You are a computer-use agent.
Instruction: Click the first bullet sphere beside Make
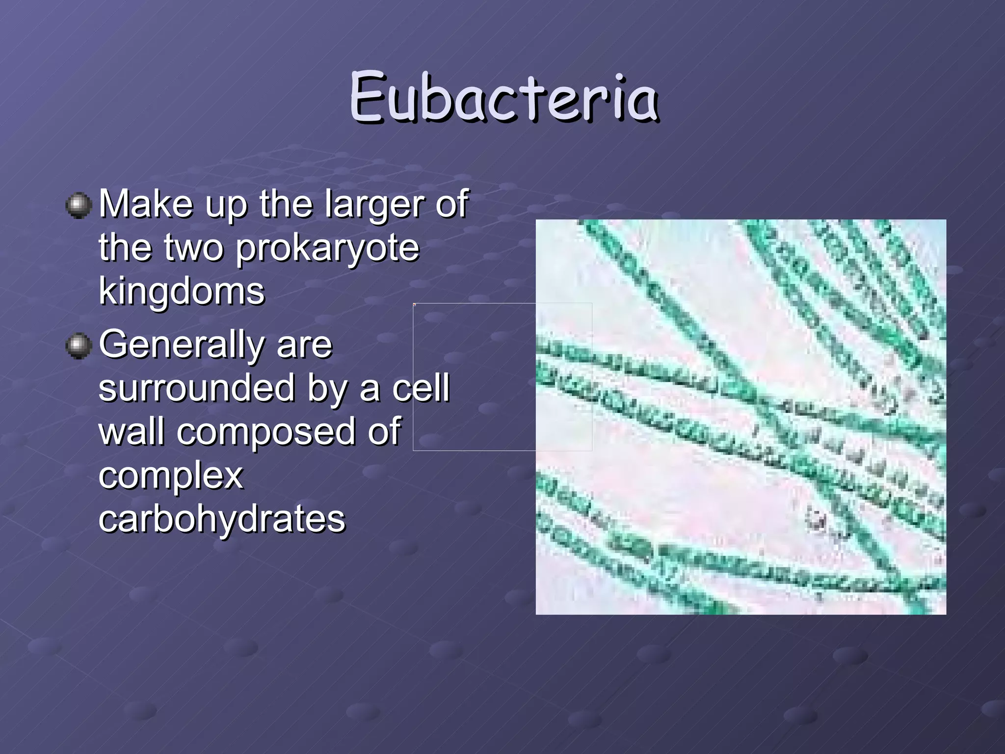[x=79, y=205]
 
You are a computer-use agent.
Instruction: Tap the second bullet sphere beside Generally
[x=79, y=346]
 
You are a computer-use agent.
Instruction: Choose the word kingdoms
[x=182, y=292]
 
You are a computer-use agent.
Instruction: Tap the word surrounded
[x=196, y=388]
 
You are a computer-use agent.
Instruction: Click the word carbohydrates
[x=222, y=519]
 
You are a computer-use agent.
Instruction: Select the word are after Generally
[x=304, y=345]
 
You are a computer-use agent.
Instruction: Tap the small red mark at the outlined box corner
[x=415, y=305]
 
